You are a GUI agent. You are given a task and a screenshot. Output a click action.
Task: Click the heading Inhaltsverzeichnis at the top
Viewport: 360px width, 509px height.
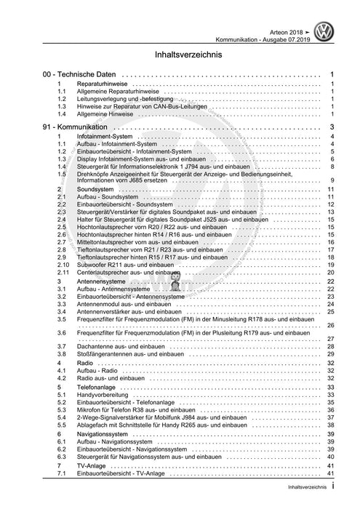tap(180, 55)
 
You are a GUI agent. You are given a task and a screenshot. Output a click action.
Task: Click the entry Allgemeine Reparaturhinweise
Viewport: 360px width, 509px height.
tap(120, 92)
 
